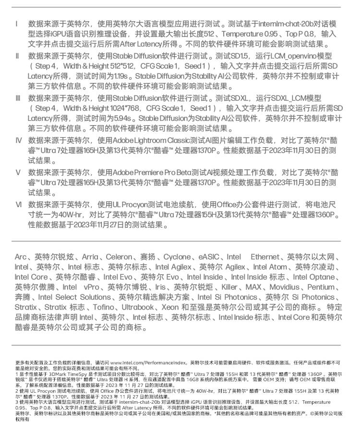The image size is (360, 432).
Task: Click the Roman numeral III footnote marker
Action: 18,98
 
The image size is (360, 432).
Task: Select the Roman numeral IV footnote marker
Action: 18,140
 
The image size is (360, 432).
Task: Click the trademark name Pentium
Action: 321,287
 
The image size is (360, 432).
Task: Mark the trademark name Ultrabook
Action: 138,307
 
